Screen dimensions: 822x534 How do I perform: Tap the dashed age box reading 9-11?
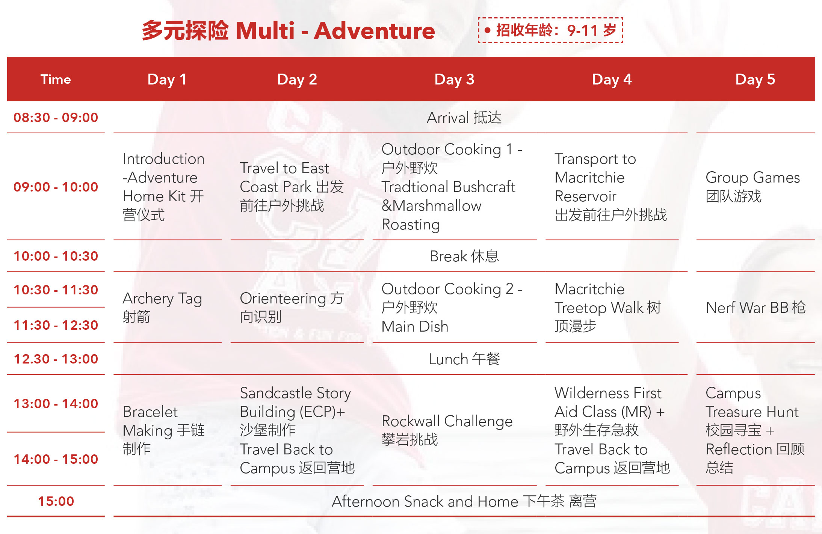[550, 30]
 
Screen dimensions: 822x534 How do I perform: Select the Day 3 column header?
[454, 79]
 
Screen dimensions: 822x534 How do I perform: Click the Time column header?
[56, 79]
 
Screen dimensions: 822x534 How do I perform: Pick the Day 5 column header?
[755, 79]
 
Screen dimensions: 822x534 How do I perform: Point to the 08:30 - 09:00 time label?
[56, 118]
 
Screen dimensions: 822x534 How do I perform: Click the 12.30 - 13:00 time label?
[56, 359]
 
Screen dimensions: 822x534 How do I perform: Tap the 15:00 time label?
[56, 501]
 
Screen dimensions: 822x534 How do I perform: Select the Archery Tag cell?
[162, 307]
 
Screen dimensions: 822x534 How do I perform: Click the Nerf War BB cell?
[756, 308]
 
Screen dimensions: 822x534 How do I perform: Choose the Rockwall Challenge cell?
[447, 430]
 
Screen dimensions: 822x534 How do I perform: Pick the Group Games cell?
[753, 187]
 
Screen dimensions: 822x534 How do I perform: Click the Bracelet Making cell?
[163, 430]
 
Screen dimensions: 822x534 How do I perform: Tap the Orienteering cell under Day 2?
[292, 307]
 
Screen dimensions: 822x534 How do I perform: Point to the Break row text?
[464, 256]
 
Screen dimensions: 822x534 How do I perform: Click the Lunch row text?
[464, 359]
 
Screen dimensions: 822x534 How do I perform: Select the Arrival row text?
[464, 118]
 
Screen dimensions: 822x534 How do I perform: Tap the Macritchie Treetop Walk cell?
[608, 307]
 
